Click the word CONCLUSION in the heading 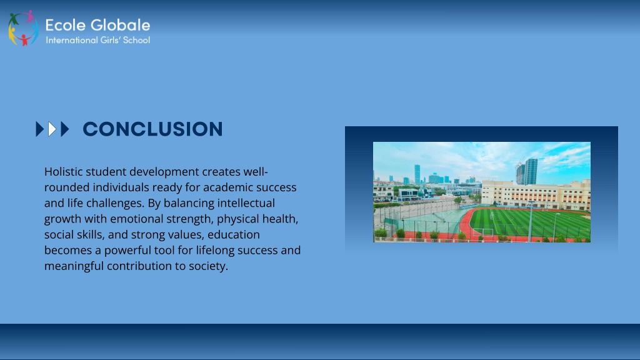tap(152, 129)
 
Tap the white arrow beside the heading tap(52, 129)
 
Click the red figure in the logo tap(24, 40)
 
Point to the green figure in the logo tap(14, 19)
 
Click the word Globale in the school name tap(120, 25)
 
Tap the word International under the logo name tap(71, 40)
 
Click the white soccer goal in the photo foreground tap(482, 232)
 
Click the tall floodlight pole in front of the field tap(531, 222)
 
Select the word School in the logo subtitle tap(136, 40)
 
